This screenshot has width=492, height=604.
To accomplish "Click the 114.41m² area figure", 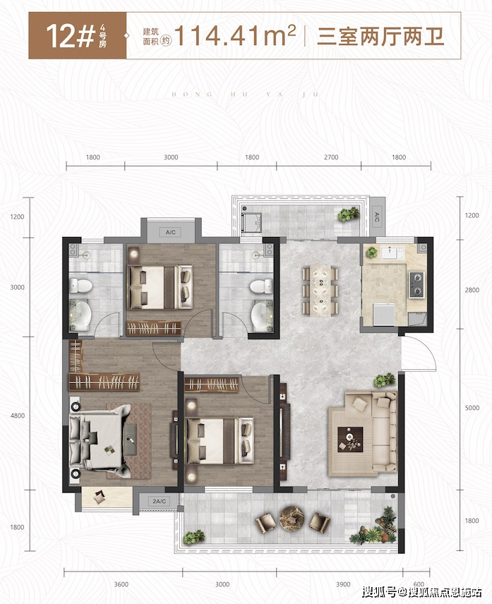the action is (236, 35).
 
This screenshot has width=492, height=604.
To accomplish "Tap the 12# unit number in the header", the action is (71, 36).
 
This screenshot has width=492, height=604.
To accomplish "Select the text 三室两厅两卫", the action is (380, 37).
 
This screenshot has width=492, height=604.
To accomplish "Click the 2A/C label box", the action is (159, 501).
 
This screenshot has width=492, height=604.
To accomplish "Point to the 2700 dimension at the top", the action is (331, 157).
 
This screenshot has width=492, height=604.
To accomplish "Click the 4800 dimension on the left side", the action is (18, 416).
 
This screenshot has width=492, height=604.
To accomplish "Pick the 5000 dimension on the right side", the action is (472, 408).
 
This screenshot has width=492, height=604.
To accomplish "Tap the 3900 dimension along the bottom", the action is (343, 584).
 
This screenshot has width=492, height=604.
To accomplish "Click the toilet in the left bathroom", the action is (80, 286).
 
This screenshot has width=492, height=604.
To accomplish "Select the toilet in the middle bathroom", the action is (261, 286).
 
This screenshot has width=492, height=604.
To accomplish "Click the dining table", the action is (320, 291).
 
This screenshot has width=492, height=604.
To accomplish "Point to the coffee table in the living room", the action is (350, 439).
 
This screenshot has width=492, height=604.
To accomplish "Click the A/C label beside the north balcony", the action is (377, 217).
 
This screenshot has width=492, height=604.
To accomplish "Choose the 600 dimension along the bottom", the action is (419, 584).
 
